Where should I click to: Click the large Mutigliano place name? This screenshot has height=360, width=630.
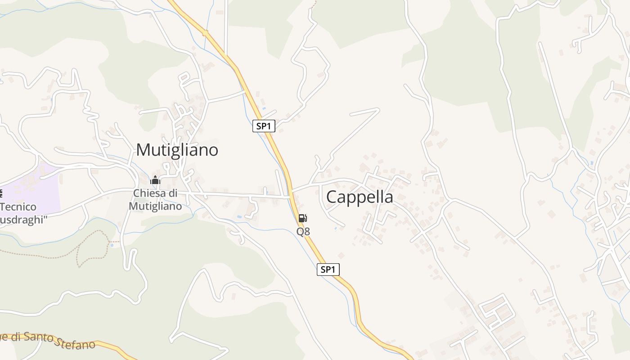pyautogui.click(x=177, y=150)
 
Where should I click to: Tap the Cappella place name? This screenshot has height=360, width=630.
pyautogui.click(x=359, y=197)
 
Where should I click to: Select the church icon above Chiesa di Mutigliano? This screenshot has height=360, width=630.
pyautogui.click(x=156, y=181)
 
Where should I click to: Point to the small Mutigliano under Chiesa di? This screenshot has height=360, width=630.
pyautogui.click(x=155, y=206)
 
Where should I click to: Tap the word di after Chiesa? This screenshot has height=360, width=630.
pyautogui.click(x=173, y=193)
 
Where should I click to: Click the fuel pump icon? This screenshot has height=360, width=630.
pyautogui.click(x=303, y=218)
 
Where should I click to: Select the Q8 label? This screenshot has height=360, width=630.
pyautogui.click(x=303, y=231)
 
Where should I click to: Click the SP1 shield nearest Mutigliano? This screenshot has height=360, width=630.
pyautogui.click(x=263, y=126)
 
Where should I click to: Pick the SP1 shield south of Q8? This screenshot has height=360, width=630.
pyautogui.click(x=328, y=270)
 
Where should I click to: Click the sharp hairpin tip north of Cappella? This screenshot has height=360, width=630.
pyautogui.click(x=378, y=109)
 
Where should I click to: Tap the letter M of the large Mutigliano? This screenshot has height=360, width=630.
pyautogui.click(x=143, y=150)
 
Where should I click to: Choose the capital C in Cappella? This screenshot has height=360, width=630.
pyautogui.click(x=332, y=197)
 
